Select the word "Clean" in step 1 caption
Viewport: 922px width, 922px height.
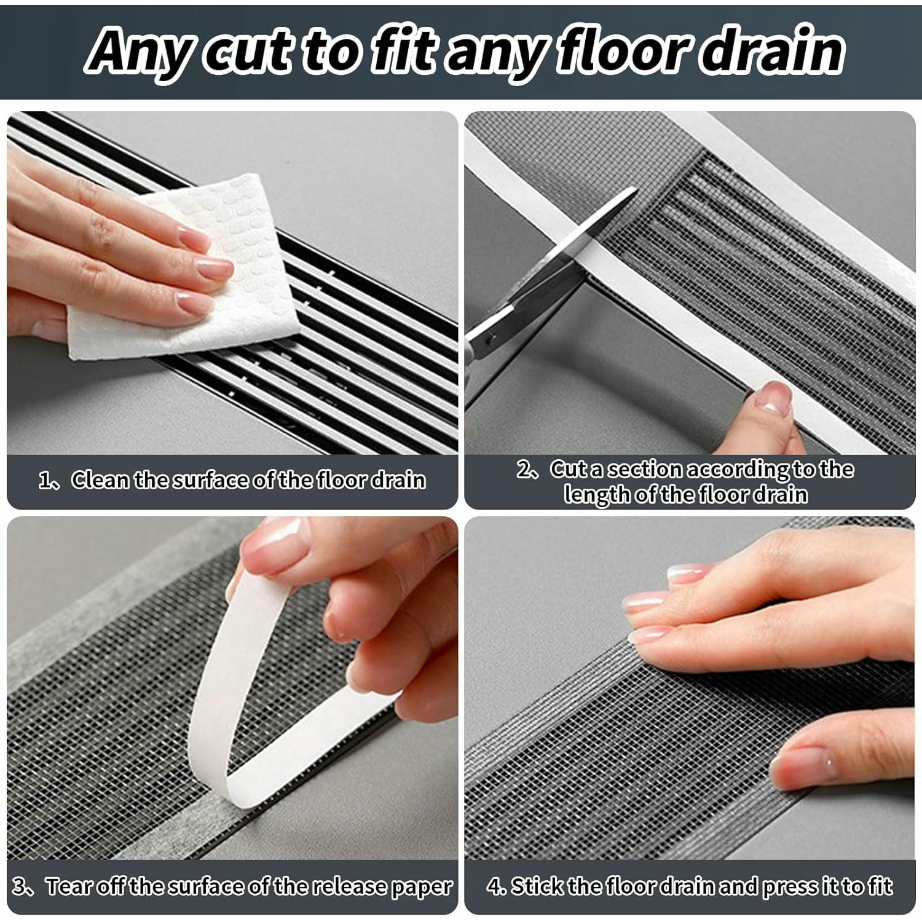(100, 480)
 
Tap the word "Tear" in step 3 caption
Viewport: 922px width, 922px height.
(65, 886)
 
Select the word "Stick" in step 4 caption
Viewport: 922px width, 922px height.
(538, 886)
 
